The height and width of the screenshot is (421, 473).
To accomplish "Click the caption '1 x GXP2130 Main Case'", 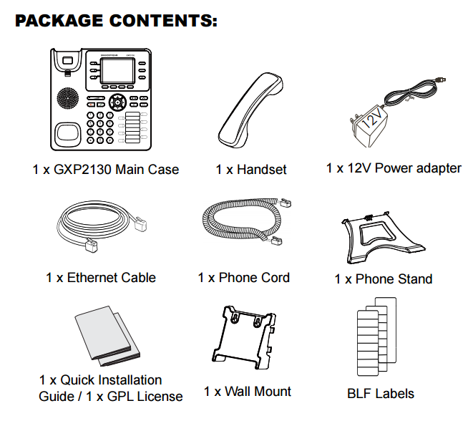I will (106, 170).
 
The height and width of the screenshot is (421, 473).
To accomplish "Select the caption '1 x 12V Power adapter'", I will (394, 168).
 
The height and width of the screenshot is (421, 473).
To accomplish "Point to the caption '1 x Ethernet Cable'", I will (101, 277).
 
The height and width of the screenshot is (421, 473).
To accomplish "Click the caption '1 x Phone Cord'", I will (244, 277).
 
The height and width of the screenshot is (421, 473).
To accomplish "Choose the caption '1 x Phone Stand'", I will (384, 279).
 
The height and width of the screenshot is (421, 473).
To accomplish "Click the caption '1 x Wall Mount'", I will (248, 392).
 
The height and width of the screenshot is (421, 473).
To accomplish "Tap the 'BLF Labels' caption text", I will (381, 393).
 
